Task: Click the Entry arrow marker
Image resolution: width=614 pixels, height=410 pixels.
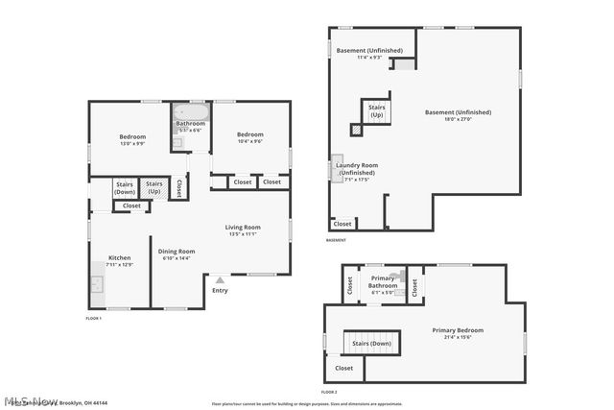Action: [220, 279]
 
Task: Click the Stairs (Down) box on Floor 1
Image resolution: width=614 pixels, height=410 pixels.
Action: [125, 188]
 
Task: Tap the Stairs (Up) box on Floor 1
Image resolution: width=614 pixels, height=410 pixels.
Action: [153, 188]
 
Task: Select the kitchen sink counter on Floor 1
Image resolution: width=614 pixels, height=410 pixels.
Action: [96, 284]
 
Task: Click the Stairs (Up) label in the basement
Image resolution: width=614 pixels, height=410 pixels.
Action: [376, 111]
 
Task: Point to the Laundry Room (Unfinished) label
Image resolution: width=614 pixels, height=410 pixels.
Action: [356, 168]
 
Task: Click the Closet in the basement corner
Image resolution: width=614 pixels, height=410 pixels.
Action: [342, 223]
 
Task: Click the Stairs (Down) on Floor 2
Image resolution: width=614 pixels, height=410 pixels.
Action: [371, 343]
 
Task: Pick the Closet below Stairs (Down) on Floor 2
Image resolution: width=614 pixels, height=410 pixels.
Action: [343, 368]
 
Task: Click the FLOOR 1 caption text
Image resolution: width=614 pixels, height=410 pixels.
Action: [94, 318]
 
